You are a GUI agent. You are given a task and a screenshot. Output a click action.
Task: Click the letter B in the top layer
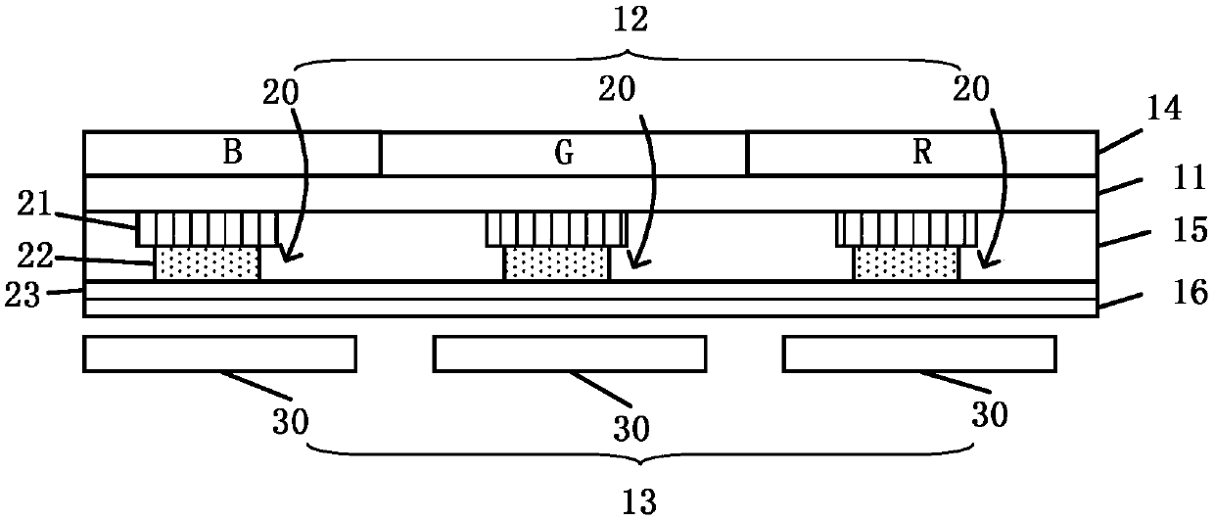click(232, 153)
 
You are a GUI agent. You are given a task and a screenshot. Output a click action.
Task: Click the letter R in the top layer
click(921, 153)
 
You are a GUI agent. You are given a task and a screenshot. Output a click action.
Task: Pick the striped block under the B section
click(208, 229)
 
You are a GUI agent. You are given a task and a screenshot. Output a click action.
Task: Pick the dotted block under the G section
click(556, 262)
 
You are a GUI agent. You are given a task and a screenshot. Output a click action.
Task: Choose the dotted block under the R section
click(906, 262)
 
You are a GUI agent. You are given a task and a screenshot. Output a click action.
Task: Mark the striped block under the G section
click(556, 229)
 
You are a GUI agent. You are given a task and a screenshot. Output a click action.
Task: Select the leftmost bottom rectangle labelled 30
click(219, 354)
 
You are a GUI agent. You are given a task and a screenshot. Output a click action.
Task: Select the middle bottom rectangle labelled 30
click(569, 354)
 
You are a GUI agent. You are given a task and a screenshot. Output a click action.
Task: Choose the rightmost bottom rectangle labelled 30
click(918, 354)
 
